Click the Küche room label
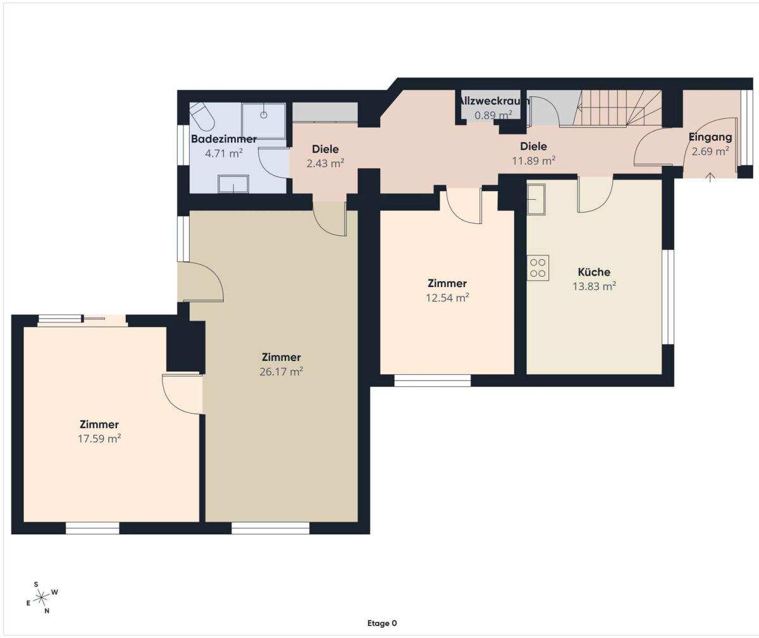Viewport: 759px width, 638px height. tap(594, 272)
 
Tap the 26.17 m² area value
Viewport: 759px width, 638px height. tap(281, 372)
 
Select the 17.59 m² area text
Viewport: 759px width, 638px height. tap(99, 439)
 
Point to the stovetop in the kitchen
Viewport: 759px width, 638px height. tap(538, 267)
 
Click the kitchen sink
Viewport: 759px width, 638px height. tap(536, 199)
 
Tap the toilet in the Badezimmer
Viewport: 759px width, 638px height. tap(201, 116)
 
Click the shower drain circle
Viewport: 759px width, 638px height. tap(264, 115)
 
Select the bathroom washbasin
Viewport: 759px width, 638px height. tap(233, 184)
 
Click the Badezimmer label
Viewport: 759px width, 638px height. tap(224, 138)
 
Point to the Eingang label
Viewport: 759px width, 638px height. tap(710, 137)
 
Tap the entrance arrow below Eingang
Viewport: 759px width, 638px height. tap(710, 177)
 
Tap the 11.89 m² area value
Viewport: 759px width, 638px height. tap(534, 161)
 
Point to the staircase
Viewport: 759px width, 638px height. tap(617, 108)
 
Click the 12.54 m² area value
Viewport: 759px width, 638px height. tap(447, 298)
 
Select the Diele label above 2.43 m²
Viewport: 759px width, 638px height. tap(325, 149)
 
